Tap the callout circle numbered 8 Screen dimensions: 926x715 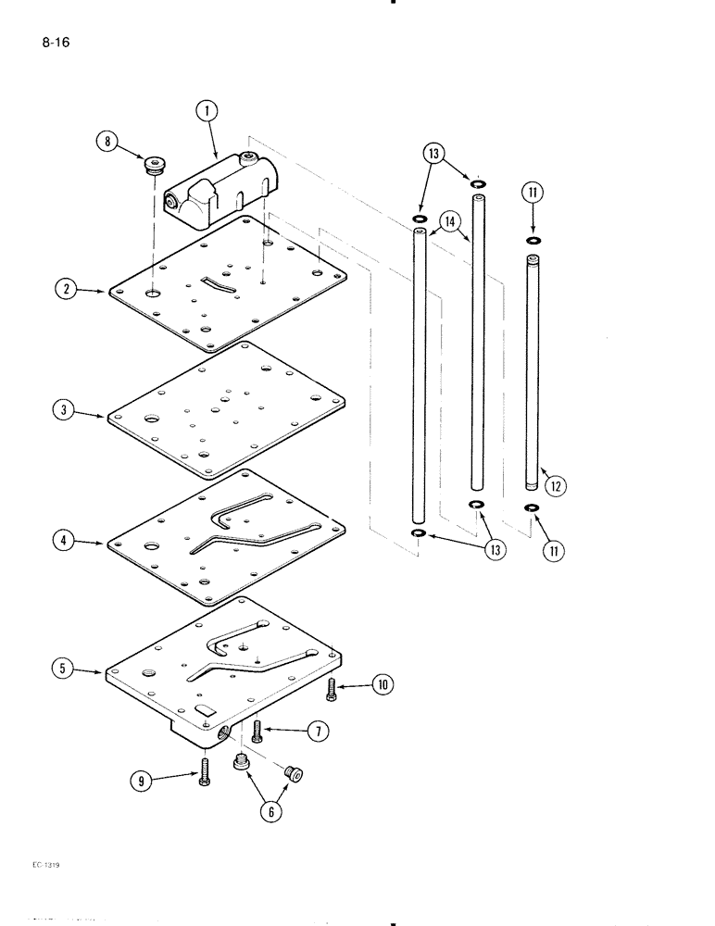pos(108,142)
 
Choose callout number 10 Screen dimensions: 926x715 pos(382,685)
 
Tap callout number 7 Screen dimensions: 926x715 pos(320,731)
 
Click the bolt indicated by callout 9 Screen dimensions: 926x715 pos(204,771)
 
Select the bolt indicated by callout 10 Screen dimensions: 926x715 pos(331,690)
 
